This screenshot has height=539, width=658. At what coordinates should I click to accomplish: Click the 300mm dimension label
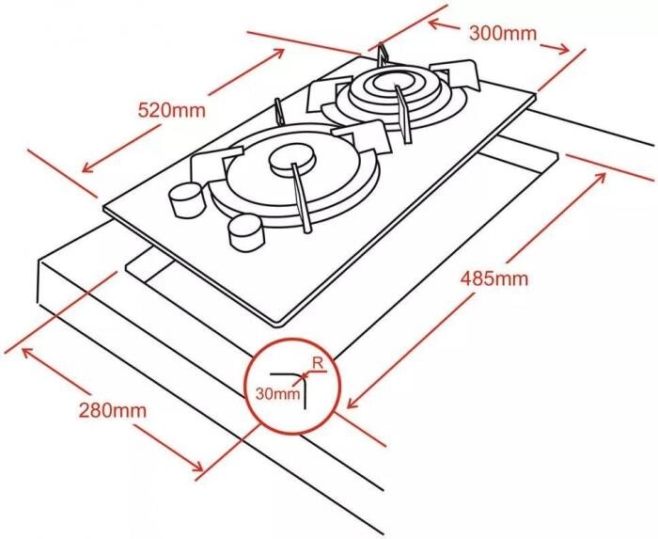(x=503, y=33)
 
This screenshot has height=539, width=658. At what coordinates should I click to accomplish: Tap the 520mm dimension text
(x=172, y=110)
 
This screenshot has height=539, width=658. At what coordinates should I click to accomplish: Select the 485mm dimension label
(x=493, y=278)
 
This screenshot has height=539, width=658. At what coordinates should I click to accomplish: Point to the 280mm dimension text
(x=113, y=410)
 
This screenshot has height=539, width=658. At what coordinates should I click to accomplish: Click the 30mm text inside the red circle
(x=278, y=394)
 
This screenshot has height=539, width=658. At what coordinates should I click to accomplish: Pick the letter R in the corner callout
(x=318, y=363)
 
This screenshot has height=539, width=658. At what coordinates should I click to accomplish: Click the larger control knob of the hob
(x=186, y=199)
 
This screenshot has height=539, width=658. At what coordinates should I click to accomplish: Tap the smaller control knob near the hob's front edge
(x=246, y=233)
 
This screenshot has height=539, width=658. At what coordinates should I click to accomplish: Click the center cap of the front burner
(x=292, y=160)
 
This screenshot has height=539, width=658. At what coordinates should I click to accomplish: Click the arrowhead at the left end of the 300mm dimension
(x=434, y=24)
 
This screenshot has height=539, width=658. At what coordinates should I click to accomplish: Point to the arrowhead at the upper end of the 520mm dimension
(x=278, y=53)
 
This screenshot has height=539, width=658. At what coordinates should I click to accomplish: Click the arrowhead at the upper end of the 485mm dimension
(x=600, y=178)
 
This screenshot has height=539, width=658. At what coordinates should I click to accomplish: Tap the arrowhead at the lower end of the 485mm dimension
(x=353, y=403)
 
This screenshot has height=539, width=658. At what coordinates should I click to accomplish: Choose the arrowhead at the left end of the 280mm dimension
(x=27, y=354)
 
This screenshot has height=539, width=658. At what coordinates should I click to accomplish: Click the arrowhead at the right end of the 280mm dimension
(x=197, y=465)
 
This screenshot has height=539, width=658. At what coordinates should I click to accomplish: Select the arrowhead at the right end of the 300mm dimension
(x=563, y=49)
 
